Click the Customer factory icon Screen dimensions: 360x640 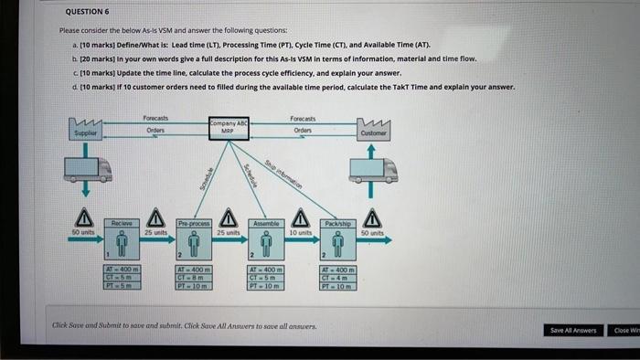[x=372, y=130]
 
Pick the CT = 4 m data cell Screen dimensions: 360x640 [x=336, y=278]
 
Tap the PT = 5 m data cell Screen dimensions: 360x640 [x=122, y=285]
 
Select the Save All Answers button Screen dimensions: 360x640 [x=572, y=330]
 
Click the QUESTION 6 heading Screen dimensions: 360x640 [x=88, y=12]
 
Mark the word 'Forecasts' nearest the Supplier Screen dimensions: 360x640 [x=157, y=118]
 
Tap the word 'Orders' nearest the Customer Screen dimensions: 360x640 [x=303, y=130]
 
